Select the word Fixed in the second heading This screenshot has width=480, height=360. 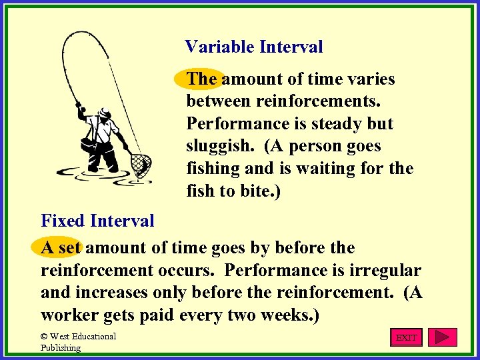point(64,221)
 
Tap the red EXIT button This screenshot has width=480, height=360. point(406,337)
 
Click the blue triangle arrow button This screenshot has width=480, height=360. point(442,337)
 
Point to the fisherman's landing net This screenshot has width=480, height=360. point(141,163)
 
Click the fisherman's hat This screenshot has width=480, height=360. point(103,111)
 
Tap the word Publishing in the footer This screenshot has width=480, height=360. point(61,347)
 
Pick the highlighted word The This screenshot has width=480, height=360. point(201,79)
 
